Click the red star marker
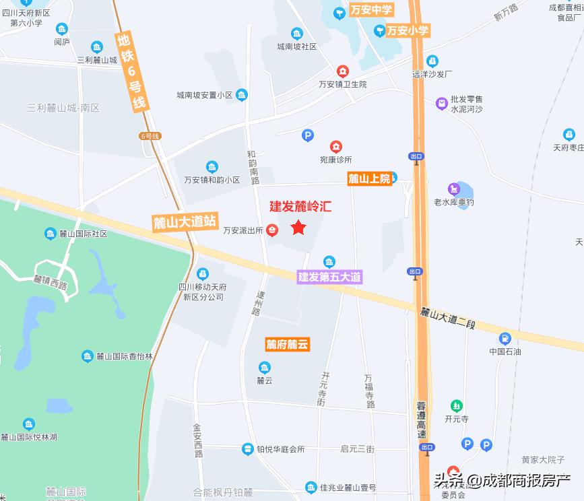298,228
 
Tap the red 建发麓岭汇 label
300,207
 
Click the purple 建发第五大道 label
330,277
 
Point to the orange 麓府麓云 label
286,345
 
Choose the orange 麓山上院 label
368,178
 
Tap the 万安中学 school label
366,10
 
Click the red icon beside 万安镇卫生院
343,71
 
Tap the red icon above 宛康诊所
335,146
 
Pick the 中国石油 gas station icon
505,338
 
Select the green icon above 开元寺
457,405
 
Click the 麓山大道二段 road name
447,317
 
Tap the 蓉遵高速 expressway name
422,418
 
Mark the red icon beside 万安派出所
271,230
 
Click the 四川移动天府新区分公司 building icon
202,274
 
